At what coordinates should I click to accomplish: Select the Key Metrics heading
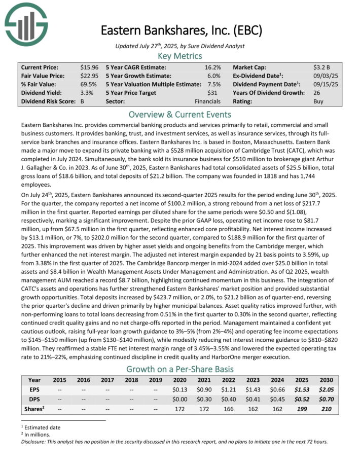pyautogui.click(x=180, y=56)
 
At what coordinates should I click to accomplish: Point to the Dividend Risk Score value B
pyautogui.click(x=82, y=101)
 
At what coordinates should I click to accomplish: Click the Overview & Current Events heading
pyautogui.click(x=180, y=115)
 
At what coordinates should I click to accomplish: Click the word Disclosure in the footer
pyautogui.click(x=37, y=441)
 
